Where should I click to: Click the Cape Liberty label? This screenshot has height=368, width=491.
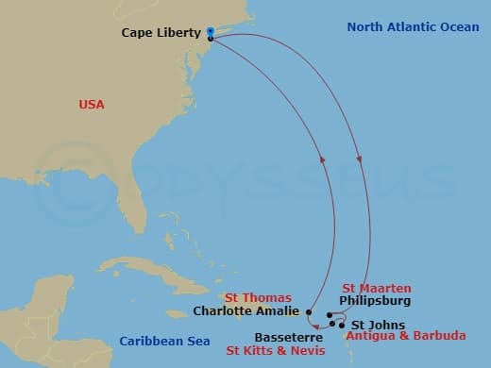click(161, 33)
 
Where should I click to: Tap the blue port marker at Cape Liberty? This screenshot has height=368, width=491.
click(210, 32)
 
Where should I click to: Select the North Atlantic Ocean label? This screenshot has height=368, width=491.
click(413, 26)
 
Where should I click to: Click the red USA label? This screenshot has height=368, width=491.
click(91, 105)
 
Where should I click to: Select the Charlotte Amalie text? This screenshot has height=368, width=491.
click(247, 309)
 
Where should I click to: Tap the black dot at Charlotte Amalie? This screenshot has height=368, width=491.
click(309, 310)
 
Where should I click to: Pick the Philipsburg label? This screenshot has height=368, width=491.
click(375, 301)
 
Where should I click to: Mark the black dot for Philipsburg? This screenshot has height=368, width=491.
click(328, 315)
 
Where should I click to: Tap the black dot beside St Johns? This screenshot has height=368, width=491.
click(341, 326)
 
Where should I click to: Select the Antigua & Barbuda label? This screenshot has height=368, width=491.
click(405, 336)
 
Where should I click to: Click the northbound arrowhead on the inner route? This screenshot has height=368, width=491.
click(322, 159)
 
